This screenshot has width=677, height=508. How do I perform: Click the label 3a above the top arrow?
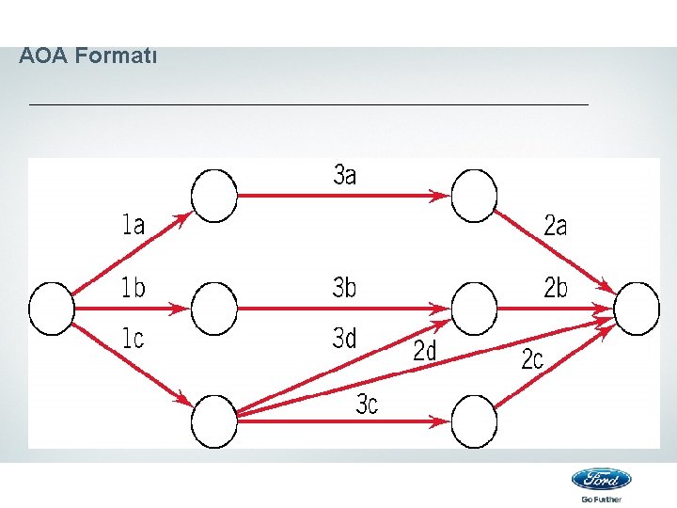tap(345, 174)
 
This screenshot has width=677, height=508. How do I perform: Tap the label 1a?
tap(134, 224)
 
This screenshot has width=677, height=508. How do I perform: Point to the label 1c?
tap(134, 338)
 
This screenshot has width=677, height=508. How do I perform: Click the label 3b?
tap(345, 288)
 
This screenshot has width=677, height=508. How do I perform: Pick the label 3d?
tap(345, 338)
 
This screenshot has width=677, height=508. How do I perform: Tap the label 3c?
tap(367, 405)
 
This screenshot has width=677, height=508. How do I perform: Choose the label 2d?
tap(425, 352)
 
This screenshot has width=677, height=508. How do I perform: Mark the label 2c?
tap(532, 358)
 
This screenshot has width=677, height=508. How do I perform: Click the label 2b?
tap(557, 288)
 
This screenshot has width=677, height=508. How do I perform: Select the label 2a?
tap(556, 226)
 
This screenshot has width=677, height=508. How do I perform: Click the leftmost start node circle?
tap(52, 309)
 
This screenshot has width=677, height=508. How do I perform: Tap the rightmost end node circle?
tap(638, 309)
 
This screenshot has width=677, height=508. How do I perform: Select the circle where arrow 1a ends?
tap(215, 196)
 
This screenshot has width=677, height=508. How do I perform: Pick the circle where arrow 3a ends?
tap(474, 196)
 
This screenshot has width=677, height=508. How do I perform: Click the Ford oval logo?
tap(602, 479)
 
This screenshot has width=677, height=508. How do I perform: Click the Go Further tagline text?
tap(602, 499)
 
